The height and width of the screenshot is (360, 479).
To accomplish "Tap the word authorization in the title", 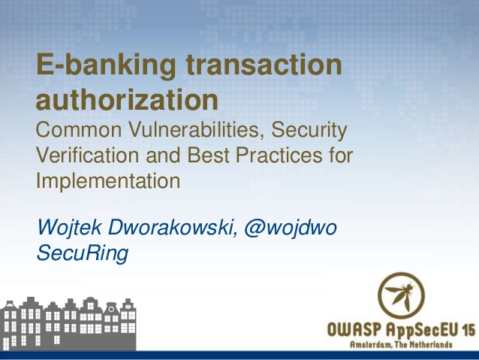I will click(x=128, y=99).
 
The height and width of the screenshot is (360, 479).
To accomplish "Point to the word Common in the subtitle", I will click(x=80, y=131).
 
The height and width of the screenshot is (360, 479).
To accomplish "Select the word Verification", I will click(x=84, y=156).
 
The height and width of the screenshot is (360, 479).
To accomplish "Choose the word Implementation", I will click(x=108, y=181).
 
